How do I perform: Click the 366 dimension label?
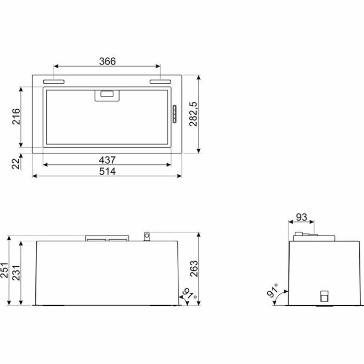[107, 61]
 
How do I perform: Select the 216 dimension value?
[17, 116]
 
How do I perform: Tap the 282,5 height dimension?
[193, 114]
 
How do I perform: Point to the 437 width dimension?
[107, 160]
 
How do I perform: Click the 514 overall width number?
[107, 171]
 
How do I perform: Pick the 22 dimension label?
[16, 164]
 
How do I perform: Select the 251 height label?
[4, 270]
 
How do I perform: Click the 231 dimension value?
[16, 273]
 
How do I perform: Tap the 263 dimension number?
[194, 269]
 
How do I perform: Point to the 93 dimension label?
[302, 217]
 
